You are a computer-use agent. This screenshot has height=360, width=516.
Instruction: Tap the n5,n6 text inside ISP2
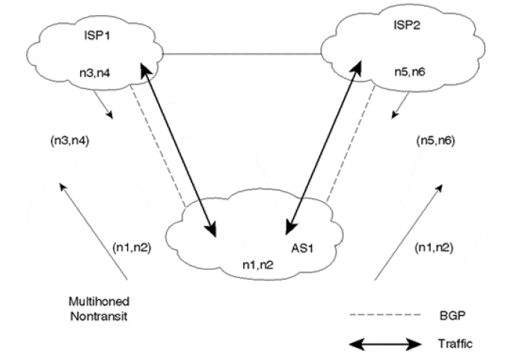point(411,73)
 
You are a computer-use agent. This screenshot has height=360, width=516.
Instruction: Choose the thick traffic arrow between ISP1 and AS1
point(177,146)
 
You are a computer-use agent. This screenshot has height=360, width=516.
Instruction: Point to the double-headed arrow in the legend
point(393,344)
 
